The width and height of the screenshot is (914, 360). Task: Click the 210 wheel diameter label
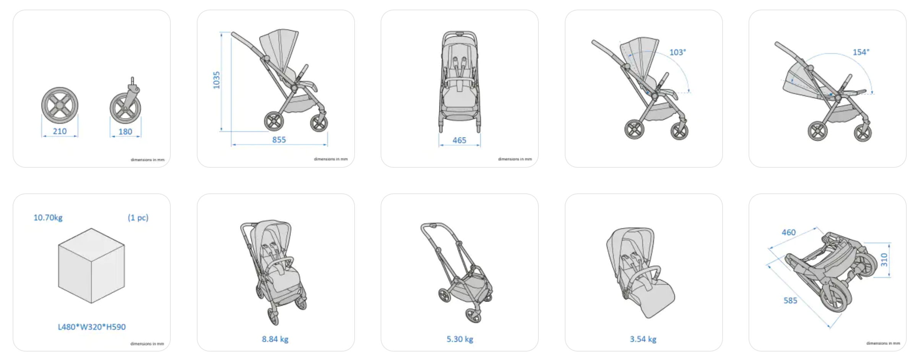click(x=60, y=131)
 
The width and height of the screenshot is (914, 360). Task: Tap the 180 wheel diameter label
click(x=125, y=131)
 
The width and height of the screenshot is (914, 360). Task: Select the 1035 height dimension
click(x=217, y=80)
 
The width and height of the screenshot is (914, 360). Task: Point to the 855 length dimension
click(x=279, y=140)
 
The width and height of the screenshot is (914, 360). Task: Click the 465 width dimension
click(x=459, y=140)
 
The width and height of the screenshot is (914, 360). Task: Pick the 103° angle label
click(x=677, y=52)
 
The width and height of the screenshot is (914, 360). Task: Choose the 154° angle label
click(x=861, y=52)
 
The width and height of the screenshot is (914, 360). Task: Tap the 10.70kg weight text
click(x=48, y=217)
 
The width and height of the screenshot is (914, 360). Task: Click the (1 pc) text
click(x=138, y=217)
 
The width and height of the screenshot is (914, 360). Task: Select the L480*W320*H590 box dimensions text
click(x=92, y=327)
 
